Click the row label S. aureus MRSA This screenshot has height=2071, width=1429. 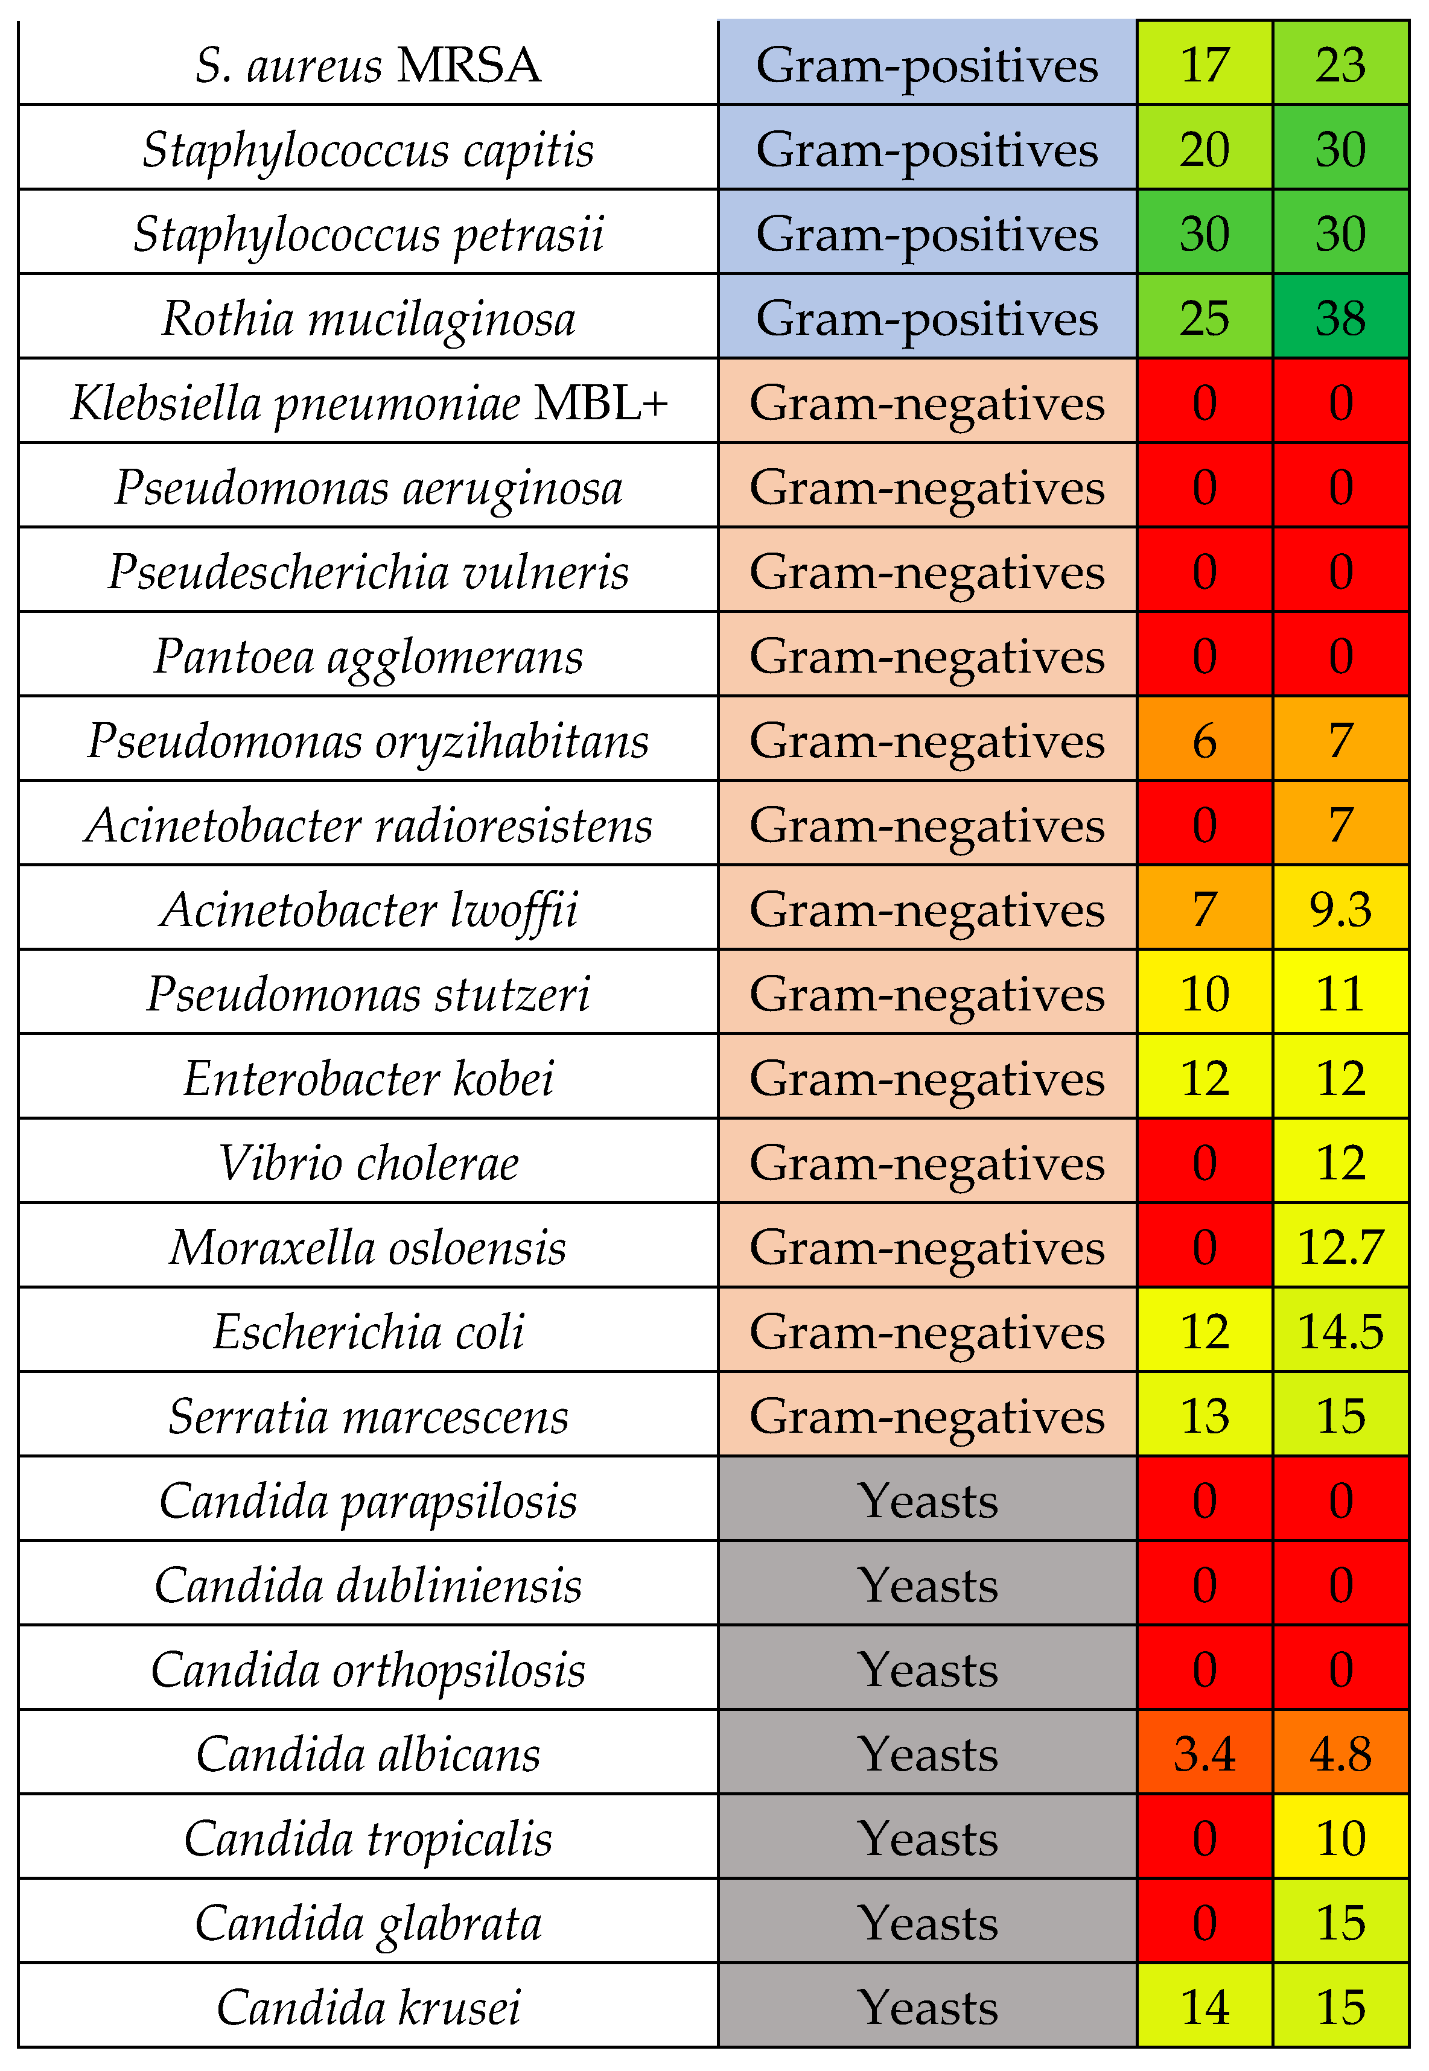(368, 65)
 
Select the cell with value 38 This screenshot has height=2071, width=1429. (1340, 318)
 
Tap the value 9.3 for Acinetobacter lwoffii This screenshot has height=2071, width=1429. (1340, 909)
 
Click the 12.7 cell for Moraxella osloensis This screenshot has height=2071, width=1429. (1340, 1247)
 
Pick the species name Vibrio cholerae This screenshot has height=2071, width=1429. (368, 1162)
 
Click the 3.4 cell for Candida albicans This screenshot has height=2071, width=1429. (1205, 1753)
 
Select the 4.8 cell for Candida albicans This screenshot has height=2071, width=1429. (1340, 1753)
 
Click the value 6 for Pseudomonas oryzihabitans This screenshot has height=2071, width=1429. (1205, 740)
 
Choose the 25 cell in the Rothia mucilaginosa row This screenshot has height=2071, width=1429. (1205, 318)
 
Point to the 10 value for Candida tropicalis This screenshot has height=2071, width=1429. (1340, 1838)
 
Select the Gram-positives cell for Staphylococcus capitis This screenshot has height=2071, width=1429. (927, 148)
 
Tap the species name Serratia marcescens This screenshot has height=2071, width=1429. (368, 1416)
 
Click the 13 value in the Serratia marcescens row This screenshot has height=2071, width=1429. (1205, 1416)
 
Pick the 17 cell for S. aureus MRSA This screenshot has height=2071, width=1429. (1205, 65)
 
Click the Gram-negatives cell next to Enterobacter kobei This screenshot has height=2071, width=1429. (927, 1079)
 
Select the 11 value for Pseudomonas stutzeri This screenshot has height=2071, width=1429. (1340, 994)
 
